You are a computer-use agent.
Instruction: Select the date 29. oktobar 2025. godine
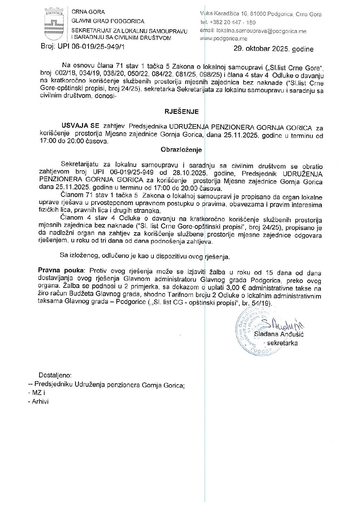click(x=273, y=49)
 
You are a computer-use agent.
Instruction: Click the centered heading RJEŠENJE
click(x=181, y=112)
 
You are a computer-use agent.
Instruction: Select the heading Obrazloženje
click(x=181, y=150)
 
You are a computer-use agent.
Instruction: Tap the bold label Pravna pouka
click(x=61, y=271)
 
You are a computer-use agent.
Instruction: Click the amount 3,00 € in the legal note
click(x=236, y=288)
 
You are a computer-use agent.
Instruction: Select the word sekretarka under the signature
click(x=282, y=343)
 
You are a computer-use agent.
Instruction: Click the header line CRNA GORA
click(x=88, y=12)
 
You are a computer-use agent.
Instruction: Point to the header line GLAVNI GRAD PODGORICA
click(x=108, y=21)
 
